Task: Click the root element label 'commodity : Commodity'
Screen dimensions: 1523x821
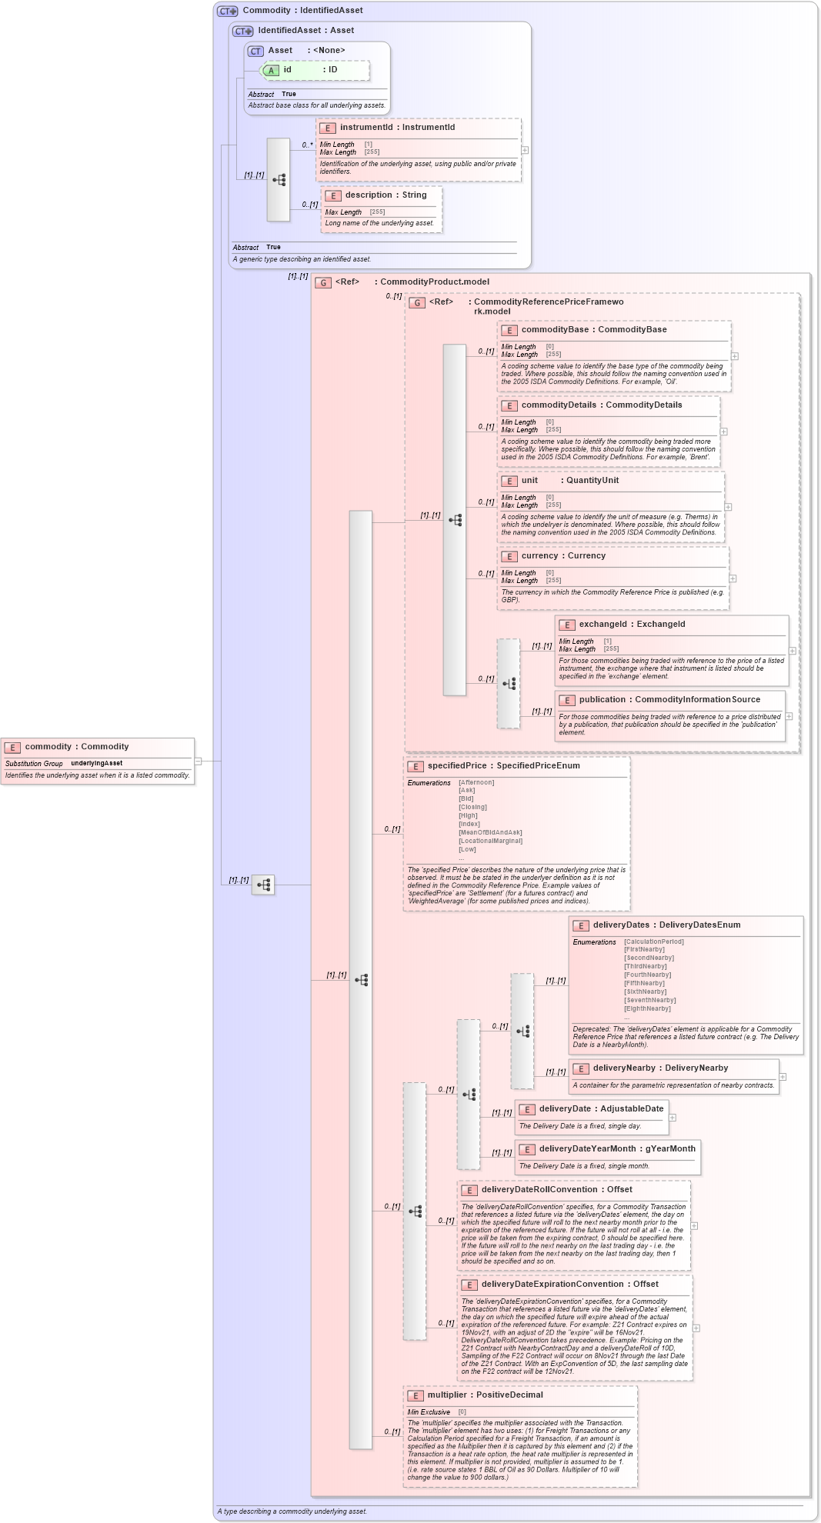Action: coord(76,747)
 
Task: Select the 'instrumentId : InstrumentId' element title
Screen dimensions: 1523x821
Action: coord(397,128)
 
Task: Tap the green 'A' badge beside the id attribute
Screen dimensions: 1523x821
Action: coord(271,70)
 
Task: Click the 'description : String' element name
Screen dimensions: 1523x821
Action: coord(385,195)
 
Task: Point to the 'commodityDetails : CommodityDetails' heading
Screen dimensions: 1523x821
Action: coord(601,405)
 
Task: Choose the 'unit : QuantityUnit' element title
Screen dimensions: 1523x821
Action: coord(569,481)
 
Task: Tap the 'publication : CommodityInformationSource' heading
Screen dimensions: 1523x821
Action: coord(669,700)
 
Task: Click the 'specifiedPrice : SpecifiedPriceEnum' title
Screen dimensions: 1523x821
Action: coord(503,766)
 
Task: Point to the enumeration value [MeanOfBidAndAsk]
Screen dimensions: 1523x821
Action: coord(490,832)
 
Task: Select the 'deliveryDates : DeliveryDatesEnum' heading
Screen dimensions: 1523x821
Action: coord(666,925)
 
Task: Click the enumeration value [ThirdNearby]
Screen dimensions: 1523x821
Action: coord(645,966)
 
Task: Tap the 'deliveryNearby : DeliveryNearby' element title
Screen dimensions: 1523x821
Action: coord(659,1068)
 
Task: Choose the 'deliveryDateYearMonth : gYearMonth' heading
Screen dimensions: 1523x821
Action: coord(616,1149)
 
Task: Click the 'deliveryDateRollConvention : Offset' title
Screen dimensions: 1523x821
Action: coord(556,1190)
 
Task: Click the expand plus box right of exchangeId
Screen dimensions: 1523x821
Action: coord(793,651)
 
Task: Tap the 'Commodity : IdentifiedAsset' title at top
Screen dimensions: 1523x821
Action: coord(302,11)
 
